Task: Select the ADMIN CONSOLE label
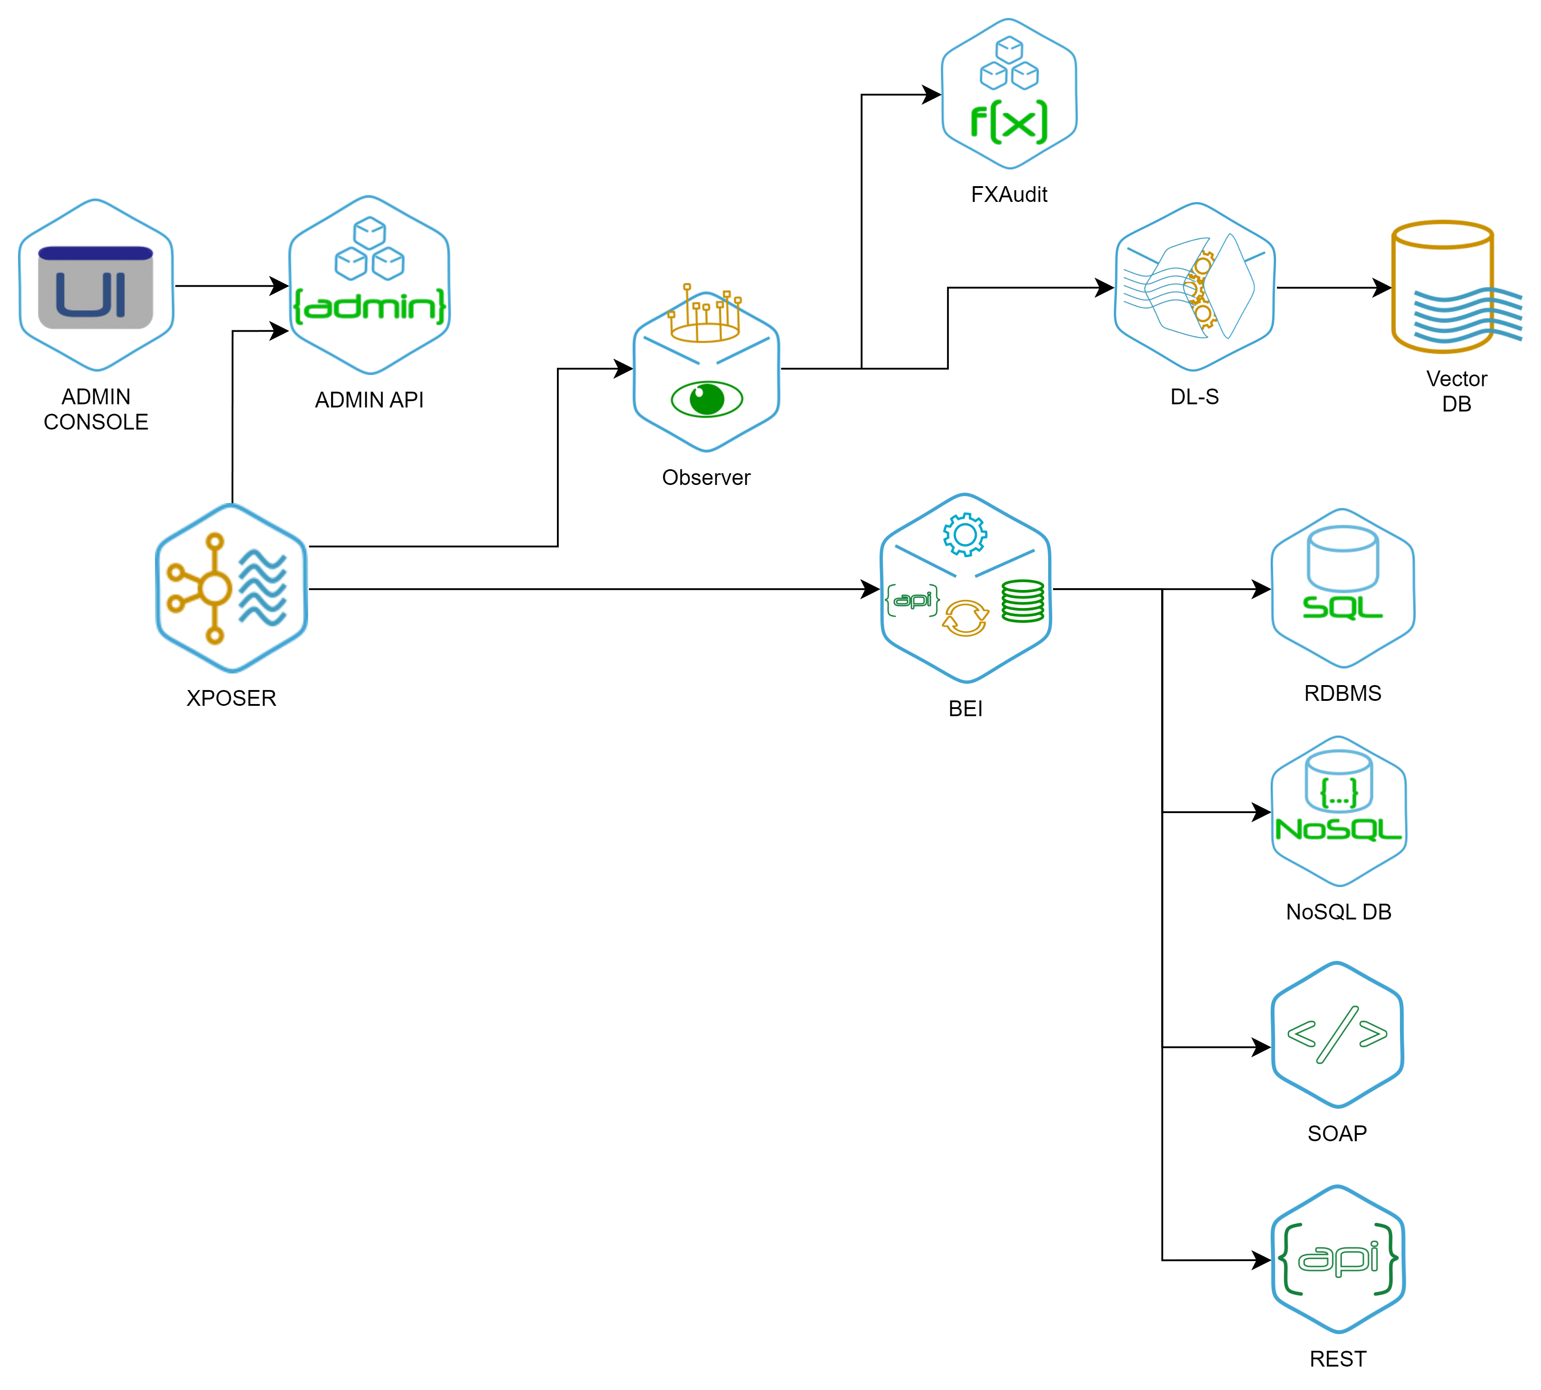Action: point(96,410)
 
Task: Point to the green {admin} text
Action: point(369,306)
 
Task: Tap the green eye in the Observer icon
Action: point(707,399)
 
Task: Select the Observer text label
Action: point(707,478)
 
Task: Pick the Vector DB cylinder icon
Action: point(1443,287)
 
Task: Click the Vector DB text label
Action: point(1457,392)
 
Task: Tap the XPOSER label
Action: point(232,699)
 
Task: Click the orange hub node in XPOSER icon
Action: point(214,589)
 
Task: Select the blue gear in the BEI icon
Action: point(964,534)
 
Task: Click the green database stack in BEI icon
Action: point(1022,601)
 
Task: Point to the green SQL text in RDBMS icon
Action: point(1342,608)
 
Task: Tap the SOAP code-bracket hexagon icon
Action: point(1337,1035)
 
